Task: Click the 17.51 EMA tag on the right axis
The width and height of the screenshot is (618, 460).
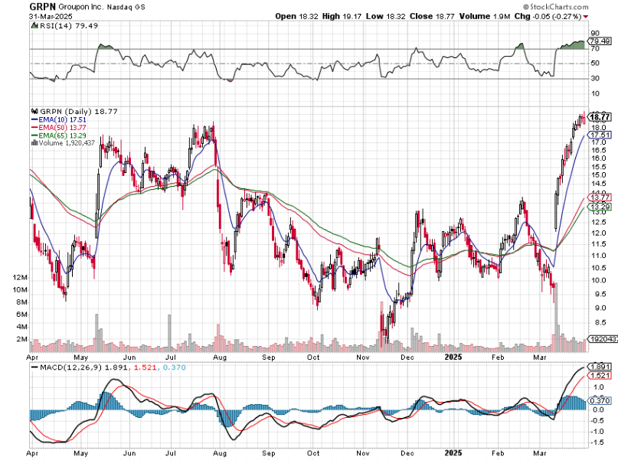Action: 600,134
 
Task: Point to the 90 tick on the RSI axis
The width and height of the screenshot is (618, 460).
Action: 595,34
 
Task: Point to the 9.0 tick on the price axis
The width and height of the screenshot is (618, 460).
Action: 598,308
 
